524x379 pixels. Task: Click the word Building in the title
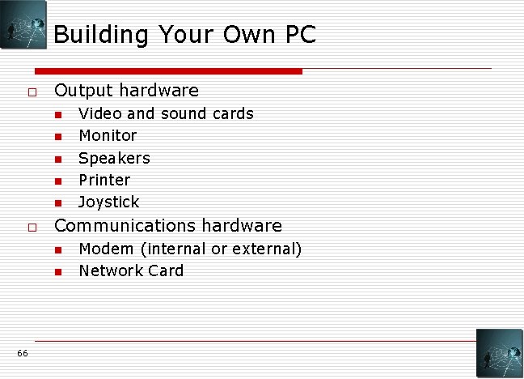tap(102, 35)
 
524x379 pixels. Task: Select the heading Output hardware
tap(126, 90)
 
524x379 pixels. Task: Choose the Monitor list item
tap(108, 135)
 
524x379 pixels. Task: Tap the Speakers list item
tap(114, 158)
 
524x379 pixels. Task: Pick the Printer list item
tap(104, 180)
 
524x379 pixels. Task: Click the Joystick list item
tap(109, 202)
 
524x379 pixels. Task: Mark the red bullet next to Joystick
tap(58, 202)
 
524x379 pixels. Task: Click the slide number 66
tap(22, 353)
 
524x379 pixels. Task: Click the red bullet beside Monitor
tap(58, 136)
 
